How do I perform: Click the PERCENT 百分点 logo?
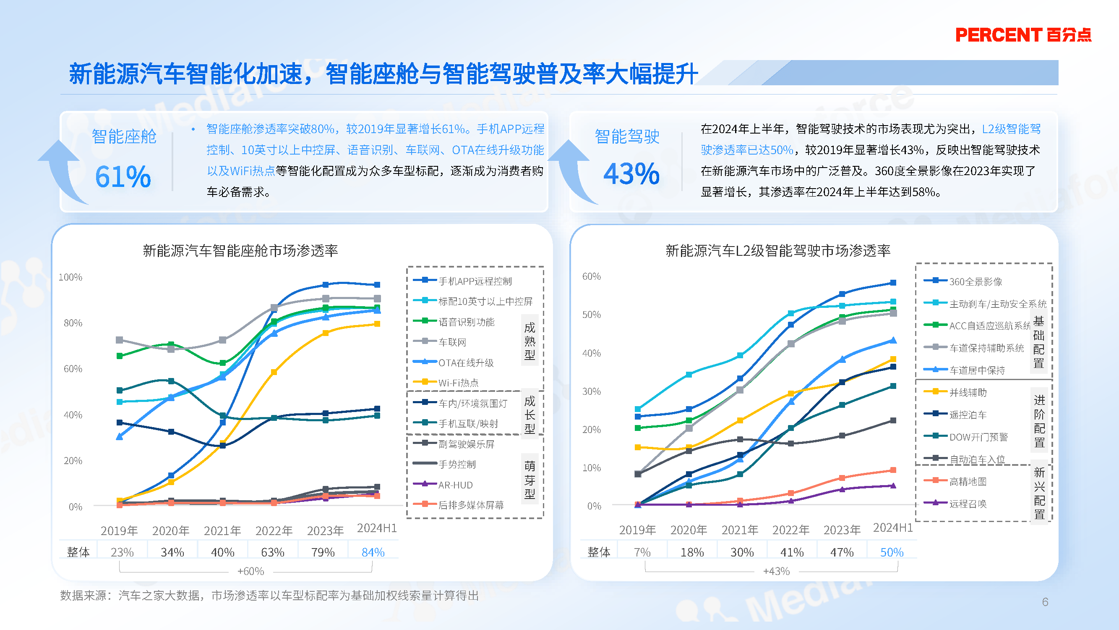pos(1023,35)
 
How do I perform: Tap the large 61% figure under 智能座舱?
pos(123,176)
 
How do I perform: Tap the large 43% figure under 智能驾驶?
pos(631,173)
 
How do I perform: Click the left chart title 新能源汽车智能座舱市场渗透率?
pos(240,251)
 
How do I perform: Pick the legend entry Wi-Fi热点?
pos(458,383)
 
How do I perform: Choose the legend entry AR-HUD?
pos(455,485)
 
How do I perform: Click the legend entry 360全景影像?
pos(975,282)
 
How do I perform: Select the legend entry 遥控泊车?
pos(968,415)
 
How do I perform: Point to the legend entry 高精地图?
pos(968,481)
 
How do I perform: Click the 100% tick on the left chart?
pos(70,277)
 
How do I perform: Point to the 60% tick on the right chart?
pos(591,276)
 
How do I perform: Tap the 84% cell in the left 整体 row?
pos(373,552)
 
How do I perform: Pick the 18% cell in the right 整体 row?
pos(692,552)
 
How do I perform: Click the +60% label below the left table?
pos(250,571)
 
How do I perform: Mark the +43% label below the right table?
pos(776,571)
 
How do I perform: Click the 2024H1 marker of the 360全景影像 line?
pos(893,283)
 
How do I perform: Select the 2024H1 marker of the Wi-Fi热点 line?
pos(377,324)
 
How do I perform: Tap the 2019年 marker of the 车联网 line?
pos(120,339)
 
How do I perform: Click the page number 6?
pos(1045,602)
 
